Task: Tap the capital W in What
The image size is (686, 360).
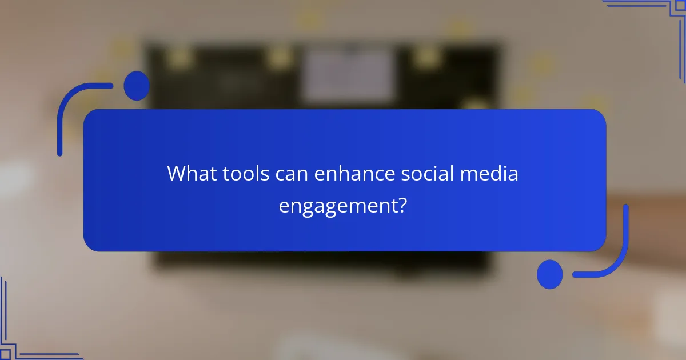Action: tap(177, 174)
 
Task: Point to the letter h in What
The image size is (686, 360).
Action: tap(192, 174)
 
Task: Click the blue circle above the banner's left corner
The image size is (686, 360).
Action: tap(136, 86)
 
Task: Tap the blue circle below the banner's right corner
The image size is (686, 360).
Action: tap(549, 274)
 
